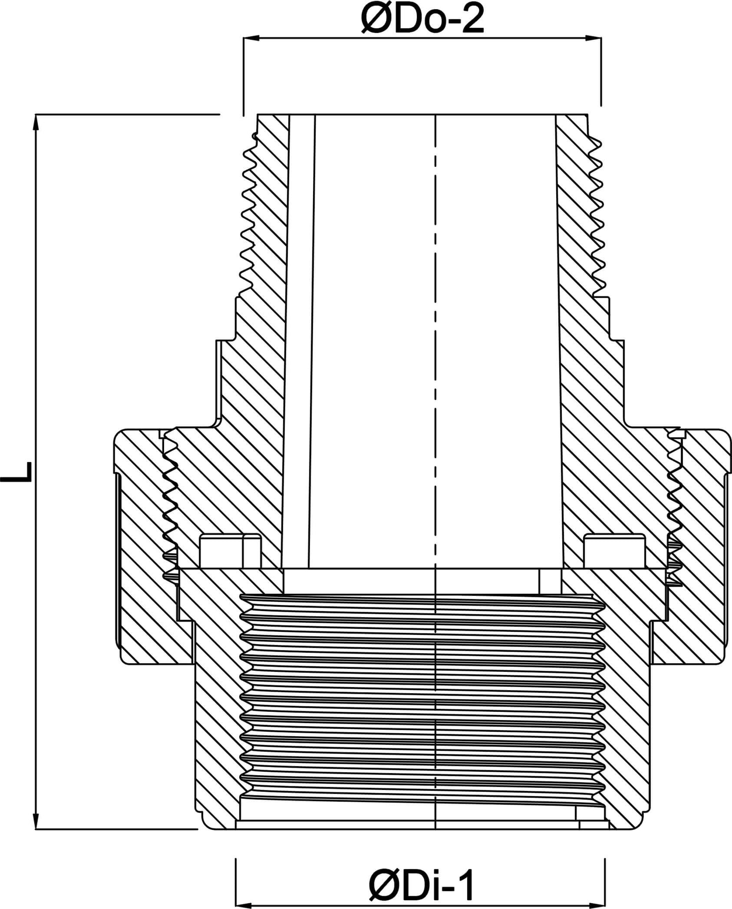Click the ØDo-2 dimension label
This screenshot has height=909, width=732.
tap(422, 19)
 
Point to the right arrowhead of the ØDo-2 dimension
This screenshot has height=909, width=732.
tap(593, 37)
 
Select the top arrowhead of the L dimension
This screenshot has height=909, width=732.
tap(36, 124)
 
